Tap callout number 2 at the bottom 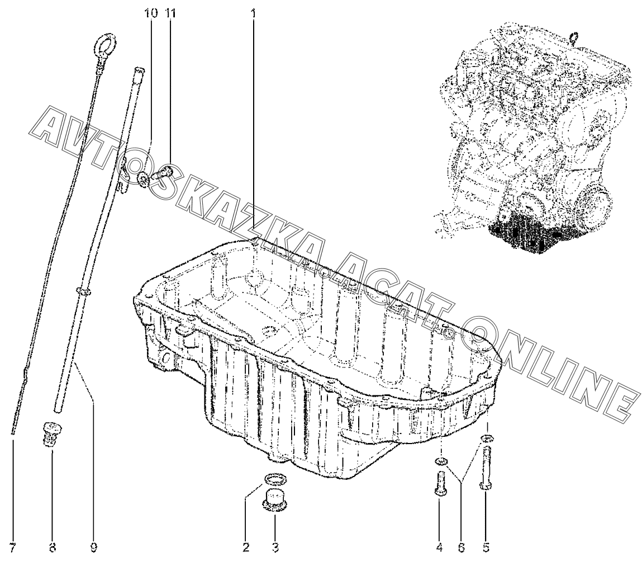click(246, 546)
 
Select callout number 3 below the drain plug click(275, 546)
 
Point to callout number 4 click(440, 546)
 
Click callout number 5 click(486, 546)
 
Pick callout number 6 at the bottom click(462, 546)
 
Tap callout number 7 click(12, 546)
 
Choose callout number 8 click(53, 546)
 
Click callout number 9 click(93, 546)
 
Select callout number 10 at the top click(151, 12)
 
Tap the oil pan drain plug click(275, 499)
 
